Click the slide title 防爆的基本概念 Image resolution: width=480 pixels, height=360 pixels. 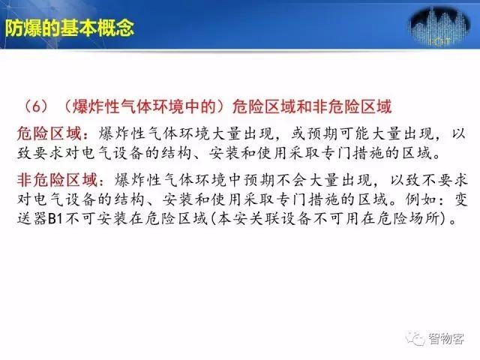pos(70,28)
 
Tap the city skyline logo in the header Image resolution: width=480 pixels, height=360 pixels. pos(439,27)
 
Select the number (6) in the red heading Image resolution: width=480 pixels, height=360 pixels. pos(37,106)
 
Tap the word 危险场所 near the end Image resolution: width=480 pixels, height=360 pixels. pos(408,219)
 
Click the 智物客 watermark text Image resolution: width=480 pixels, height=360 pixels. pos(446,339)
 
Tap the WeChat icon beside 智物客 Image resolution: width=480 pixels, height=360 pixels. pos(415,338)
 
